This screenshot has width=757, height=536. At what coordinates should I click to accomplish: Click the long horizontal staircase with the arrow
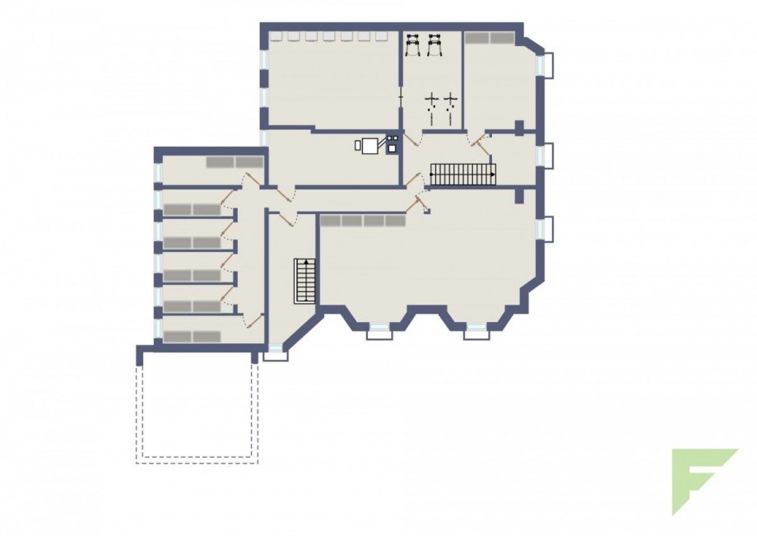click(x=463, y=175)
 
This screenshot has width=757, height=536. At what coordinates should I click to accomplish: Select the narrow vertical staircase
click(x=305, y=281)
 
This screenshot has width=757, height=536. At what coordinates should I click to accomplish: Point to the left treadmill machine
click(x=413, y=44)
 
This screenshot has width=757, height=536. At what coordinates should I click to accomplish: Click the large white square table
click(x=371, y=146)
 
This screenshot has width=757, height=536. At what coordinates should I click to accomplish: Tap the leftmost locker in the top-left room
click(x=278, y=36)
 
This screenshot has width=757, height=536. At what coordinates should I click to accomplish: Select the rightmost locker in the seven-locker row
click(x=382, y=36)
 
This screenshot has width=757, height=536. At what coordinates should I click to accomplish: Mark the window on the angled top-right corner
click(x=546, y=65)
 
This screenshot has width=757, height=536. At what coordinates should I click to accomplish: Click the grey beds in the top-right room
click(x=490, y=38)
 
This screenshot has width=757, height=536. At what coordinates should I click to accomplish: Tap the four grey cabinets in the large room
click(x=363, y=221)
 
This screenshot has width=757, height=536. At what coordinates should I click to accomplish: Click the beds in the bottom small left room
click(x=192, y=337)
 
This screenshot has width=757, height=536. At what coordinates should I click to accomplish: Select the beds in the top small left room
click(x=235, y=162)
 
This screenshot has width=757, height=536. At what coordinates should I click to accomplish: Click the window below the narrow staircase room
click(x=276, y=354)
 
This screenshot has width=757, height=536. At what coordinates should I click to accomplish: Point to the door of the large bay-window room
click(x=417, y=202)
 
